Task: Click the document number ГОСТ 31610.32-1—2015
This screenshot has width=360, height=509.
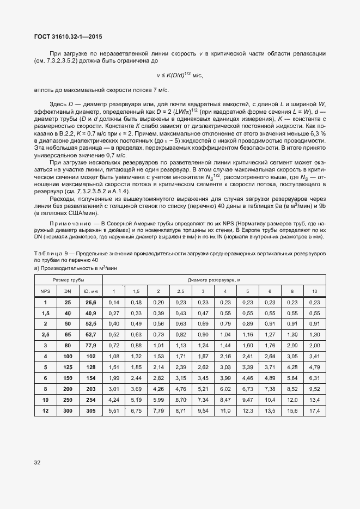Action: (x=68, y=36)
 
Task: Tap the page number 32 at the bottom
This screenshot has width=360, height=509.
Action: (x=38, y=463)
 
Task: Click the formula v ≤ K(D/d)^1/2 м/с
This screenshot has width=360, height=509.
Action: (x=180, y=76)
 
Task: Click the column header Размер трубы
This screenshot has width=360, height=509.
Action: (x=68, y=279)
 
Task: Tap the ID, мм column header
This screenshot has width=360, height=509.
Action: (x=90, y=291)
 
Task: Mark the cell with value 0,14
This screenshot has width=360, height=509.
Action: (x=114, y=302)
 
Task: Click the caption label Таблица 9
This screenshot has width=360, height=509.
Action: (x=50, y=254)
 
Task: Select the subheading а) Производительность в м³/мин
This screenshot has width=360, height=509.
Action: (x=75, y=268)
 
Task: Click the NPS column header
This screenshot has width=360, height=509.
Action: (x=45, y=291)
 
